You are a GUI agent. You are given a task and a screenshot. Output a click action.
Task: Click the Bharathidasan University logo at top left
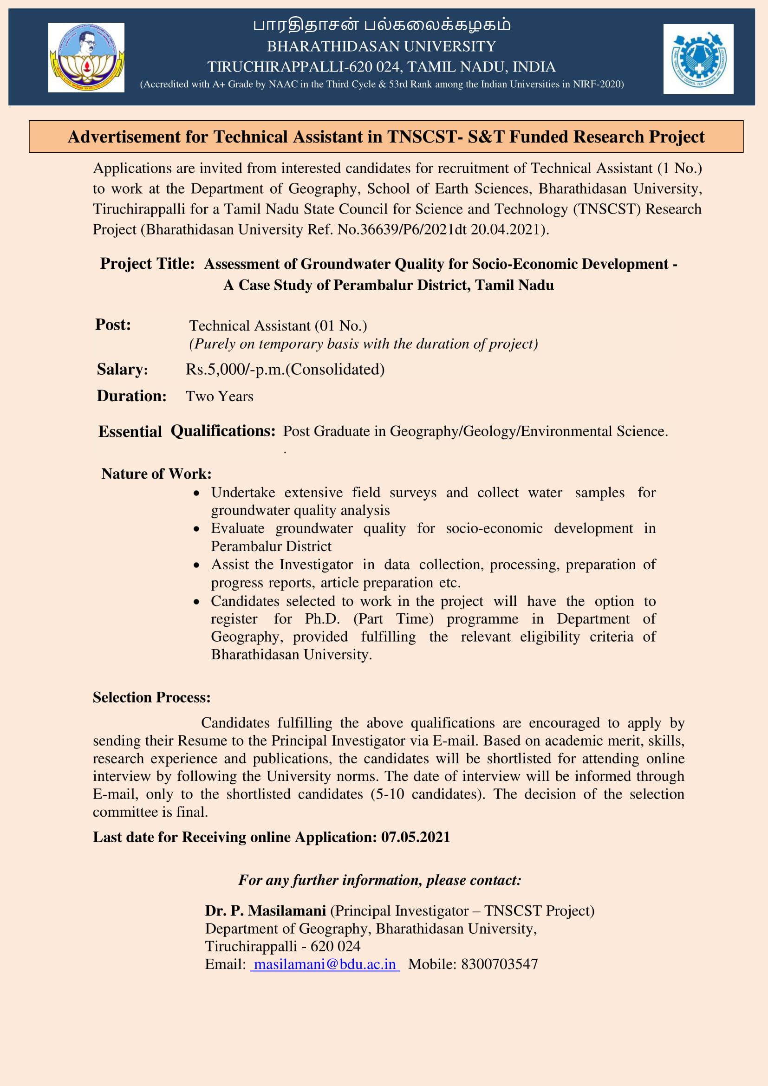(86, 58)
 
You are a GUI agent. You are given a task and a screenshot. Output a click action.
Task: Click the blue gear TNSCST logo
(698, 59)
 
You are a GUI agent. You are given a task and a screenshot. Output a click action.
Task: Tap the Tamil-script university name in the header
(381, 25)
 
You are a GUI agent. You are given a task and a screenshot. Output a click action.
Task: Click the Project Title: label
(147, 263)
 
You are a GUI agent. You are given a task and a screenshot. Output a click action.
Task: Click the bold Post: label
(113, 325)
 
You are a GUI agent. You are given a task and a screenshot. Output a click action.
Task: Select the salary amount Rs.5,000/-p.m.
(235, 370)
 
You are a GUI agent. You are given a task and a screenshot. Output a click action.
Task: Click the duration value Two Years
(220, 397)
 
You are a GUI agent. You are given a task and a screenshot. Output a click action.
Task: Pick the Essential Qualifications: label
(186, 431)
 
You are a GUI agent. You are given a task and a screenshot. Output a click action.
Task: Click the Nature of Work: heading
(156, 474)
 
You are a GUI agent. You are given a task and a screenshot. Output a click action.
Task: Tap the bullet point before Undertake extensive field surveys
(197, 494)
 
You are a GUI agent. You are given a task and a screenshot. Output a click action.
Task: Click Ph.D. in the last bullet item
(322, 618)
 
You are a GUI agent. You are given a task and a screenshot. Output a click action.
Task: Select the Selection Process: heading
(151, 697)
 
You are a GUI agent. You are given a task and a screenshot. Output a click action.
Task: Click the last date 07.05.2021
(415, 837)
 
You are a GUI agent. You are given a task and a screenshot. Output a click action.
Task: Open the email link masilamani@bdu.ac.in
(325, 964)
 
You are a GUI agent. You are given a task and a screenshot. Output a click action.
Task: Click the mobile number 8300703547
(499, 964)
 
